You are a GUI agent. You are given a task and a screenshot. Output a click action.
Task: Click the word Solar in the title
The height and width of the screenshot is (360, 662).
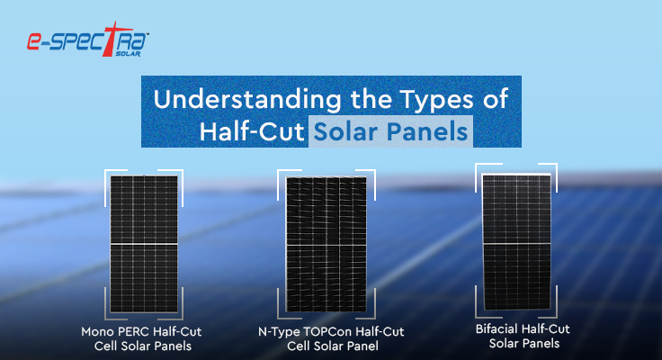[342, 131]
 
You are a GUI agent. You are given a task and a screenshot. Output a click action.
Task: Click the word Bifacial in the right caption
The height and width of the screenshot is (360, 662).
[499, 328]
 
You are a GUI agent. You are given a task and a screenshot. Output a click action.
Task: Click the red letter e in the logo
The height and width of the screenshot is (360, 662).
[33, 43]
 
